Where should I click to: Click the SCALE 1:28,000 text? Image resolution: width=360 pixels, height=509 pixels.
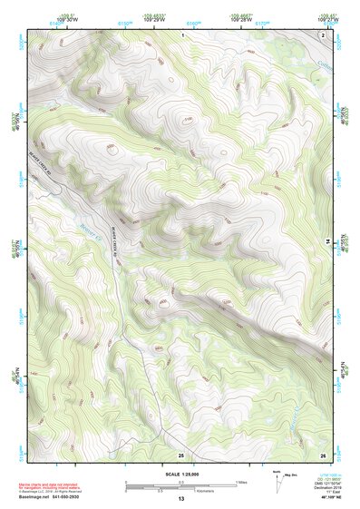tap(180, 474)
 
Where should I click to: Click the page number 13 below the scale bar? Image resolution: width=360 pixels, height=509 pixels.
tap(180, 499)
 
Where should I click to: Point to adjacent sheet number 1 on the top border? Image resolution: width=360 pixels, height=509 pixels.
tap(181, 33)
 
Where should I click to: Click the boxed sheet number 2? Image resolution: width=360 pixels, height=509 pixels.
tap(324, 34)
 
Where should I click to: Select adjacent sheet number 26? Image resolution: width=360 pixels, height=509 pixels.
tap(322, 454)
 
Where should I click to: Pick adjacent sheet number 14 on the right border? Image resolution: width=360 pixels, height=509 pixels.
tap(328, 241)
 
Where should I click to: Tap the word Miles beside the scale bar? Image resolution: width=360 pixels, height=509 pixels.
tap(240, 483)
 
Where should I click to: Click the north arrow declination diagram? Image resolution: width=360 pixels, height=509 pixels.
tap(278, 479)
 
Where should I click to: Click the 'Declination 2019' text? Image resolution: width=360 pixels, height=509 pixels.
tap(328, 486)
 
